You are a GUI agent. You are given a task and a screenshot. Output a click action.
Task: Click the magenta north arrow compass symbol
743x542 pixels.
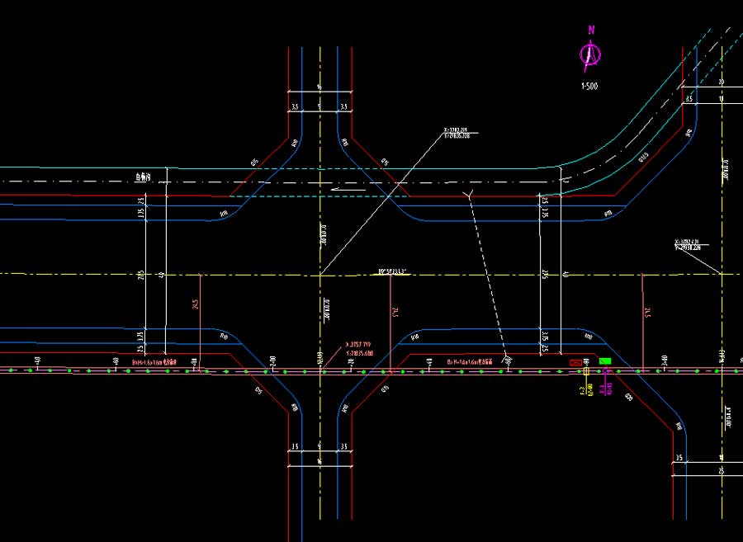pos(589,56)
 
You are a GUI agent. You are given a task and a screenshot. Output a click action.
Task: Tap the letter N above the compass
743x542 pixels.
pos(591,30)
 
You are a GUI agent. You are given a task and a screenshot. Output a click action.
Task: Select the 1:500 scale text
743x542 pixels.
pos(589,85)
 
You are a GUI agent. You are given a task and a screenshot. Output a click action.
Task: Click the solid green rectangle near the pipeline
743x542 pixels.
pos(605,361)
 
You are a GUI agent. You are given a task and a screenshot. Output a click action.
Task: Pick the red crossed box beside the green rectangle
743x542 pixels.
pos(575,362)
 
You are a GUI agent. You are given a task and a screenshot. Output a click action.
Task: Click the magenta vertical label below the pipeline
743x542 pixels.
pos(607,387)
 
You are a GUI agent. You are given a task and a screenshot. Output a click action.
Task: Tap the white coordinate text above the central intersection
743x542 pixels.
pos(457,132)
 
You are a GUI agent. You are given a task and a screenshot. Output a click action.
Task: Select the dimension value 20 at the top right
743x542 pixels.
pos(720,82)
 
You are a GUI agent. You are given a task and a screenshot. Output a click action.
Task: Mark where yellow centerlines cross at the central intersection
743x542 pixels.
pos(319,274)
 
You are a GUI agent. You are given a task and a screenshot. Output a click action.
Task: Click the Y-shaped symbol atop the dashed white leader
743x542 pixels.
pos(469,194)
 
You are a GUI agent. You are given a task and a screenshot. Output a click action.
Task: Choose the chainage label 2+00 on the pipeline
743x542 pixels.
pos(272,360)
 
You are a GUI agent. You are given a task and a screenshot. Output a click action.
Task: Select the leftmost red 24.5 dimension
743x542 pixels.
pos(196,305)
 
